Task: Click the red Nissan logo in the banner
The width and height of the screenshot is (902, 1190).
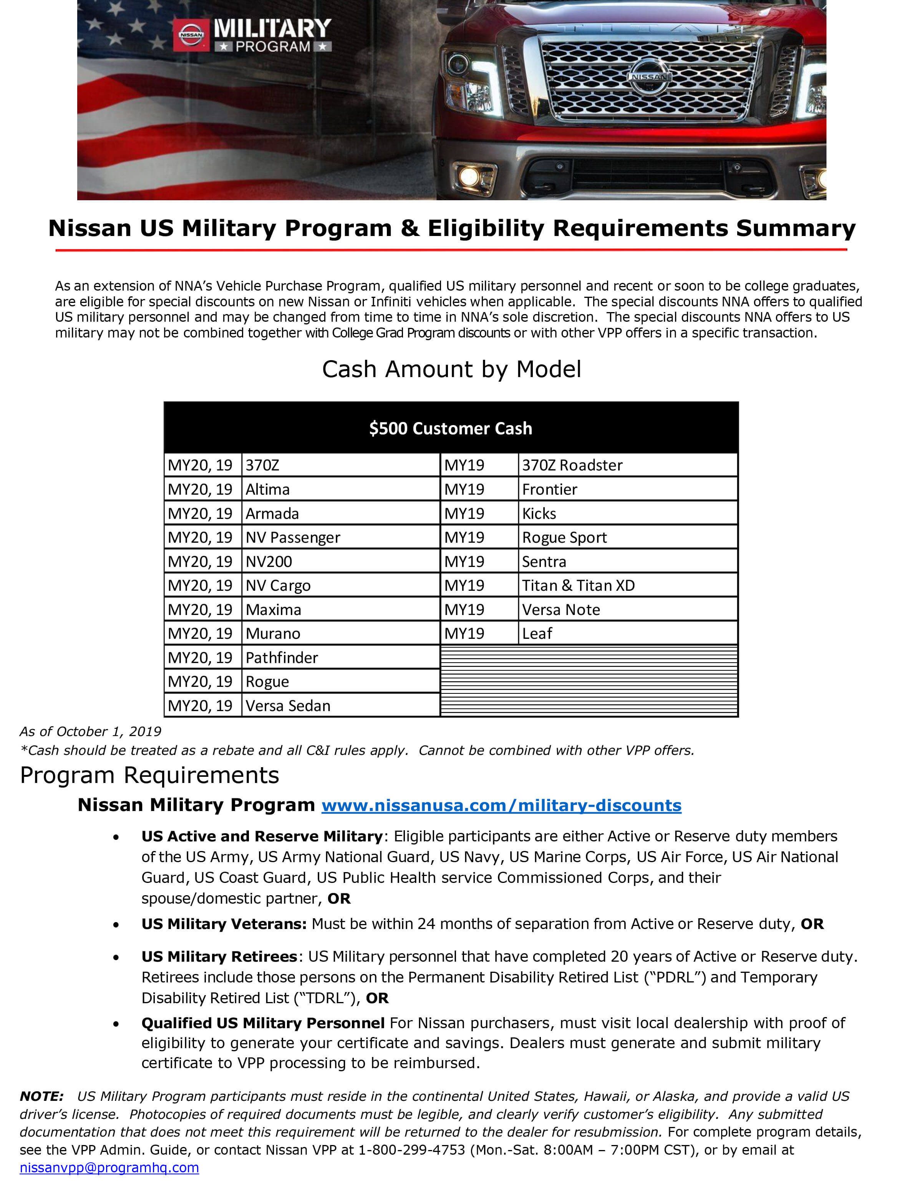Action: pos(191,35)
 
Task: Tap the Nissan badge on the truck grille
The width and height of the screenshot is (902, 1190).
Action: pos(649,77)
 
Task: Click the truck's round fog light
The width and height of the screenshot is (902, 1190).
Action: pos(469,175)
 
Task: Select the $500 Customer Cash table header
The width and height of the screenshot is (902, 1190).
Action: pos(451,428)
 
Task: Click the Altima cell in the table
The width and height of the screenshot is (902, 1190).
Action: pos(268,489)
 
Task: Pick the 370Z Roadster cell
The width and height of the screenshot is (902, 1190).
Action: pos(572,465)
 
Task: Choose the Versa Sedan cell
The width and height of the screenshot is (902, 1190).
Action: pos(288,705)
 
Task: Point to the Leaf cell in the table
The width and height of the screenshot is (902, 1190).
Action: pos(537,633)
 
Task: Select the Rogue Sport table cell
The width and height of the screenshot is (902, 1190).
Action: pos(564,537)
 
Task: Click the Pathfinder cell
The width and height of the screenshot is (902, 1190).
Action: pos(282,657)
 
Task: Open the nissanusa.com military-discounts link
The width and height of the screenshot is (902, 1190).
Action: pos(501,805)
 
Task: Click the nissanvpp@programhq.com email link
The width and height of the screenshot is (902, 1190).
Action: pos(109,1167)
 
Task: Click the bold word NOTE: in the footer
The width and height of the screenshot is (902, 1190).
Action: pos(41,1096)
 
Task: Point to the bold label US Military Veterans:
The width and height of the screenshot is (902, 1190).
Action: pos(224,924)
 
